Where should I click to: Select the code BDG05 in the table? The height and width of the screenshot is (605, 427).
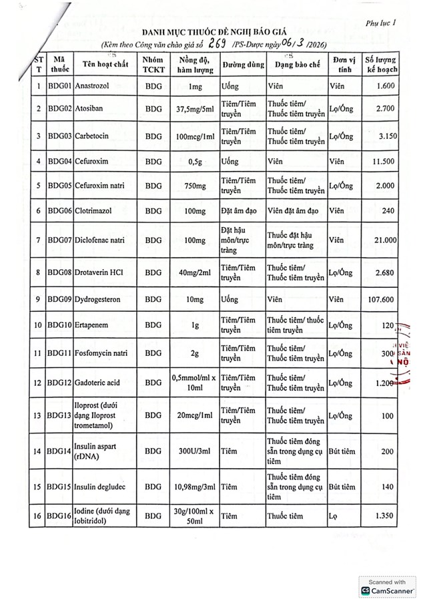pyautogui.click(x=59, y=185)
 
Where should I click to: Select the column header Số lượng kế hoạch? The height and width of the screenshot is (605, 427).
pyautogui.click(x=380, y=65)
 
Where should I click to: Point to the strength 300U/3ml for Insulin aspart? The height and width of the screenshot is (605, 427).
pyautogui.click(x=195, y=452)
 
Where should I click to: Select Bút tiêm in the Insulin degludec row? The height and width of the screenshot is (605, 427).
pyautogui.click(x=344, y=488)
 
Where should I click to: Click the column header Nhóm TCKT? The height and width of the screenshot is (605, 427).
pyautogui.click(x=153, y=65)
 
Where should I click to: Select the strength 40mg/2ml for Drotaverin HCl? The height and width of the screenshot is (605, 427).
pyautogui.click(x=195, y=272)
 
